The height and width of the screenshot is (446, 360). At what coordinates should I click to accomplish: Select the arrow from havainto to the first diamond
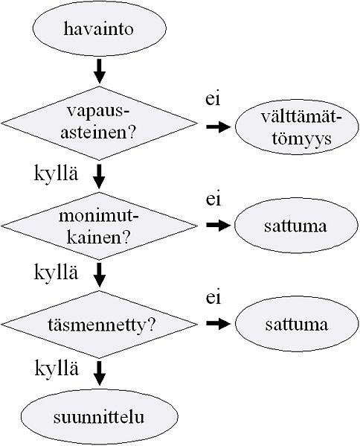(99, 72)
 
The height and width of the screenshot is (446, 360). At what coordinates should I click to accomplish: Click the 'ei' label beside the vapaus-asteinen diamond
(213, 98)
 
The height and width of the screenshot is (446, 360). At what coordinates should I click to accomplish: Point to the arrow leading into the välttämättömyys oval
(218, 127)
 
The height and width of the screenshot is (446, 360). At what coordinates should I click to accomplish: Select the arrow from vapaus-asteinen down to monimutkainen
(99, 175)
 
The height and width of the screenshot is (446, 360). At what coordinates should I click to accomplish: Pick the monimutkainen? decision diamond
(99, 223)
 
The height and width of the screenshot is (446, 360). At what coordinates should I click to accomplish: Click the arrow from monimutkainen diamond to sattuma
(218, 225)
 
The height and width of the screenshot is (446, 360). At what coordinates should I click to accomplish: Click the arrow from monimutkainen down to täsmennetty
(99, 274)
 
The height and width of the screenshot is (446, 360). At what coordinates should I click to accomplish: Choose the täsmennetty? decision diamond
(99, 325)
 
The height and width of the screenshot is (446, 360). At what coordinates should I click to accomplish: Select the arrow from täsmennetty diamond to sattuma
(218, 324)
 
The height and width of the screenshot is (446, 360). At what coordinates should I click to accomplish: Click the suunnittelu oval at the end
(99, 415)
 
